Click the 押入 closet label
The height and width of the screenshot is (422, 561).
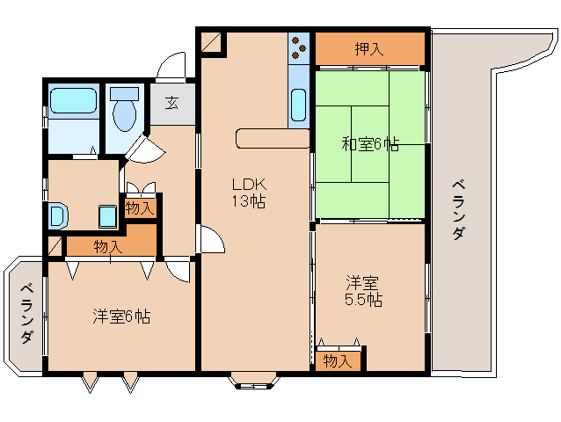(369, 49)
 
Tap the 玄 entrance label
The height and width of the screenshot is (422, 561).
(171, 101)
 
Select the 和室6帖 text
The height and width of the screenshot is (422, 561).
(369, 144)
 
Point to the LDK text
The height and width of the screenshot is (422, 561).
(249, 185)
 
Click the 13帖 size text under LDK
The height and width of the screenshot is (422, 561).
(249, 201)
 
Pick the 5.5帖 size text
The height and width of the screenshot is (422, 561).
(362, 300)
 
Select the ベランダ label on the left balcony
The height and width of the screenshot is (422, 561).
(26, 314)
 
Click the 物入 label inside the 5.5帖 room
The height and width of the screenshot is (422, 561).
(337, 360)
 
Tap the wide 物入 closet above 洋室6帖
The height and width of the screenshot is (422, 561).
(108, 246)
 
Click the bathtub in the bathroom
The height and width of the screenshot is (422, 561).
(73, 100)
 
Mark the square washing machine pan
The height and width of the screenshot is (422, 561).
(107, 215)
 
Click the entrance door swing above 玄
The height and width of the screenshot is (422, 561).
(171, 66)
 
